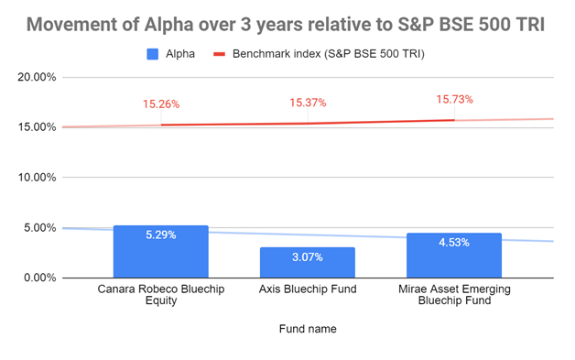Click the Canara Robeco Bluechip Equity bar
(x=161, y=252)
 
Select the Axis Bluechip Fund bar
(x=308, y=262)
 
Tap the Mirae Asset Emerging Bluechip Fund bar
(x=454, y=256)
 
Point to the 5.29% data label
(x=161, y=235)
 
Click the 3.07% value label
(x=308, y=256)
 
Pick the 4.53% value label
(x=454, y=243)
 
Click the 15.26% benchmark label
(x=161, y=104)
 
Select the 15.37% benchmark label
(x=308, y=103)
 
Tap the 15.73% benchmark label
(x=454, y=100)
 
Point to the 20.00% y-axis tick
(x=37, y=77)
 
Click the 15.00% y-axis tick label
(x=37, y=127)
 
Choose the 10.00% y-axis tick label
(x=37, y=178)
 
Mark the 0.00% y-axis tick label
(x=40, y=278)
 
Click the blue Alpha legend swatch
(x=153, y=54)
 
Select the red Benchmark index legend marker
(x=220, y=54)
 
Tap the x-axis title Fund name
(x=308, y=329)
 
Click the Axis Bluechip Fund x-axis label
(x=308, y=289)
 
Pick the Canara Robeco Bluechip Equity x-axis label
(x=161, y=295)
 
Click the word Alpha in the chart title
(x=168, y=25)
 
